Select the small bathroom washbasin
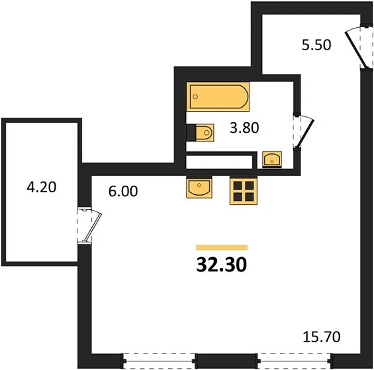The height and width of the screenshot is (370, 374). (x=272, y=159)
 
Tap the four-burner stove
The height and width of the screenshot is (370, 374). (x=244, y=190)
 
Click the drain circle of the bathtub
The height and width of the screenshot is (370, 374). (x=195, y=97)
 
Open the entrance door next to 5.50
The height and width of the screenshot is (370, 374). (x=357, y=46)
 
